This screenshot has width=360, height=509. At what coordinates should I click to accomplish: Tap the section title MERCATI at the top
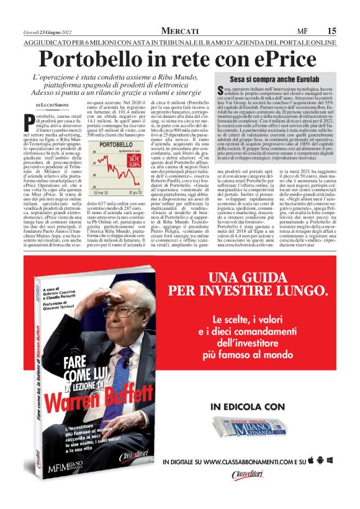(180, 30)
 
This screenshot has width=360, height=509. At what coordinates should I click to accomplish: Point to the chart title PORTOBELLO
(116, 144)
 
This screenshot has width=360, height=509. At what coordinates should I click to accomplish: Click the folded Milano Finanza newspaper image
(248, 428)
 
